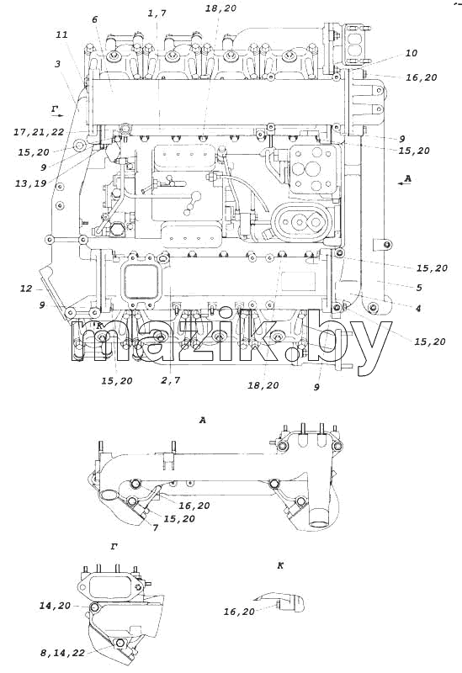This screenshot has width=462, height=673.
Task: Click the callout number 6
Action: coord(94,19)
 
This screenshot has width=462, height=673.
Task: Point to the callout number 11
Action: coord(61,34)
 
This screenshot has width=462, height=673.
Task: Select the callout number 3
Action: coord(57,64)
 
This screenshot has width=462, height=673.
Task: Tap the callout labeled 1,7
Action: coord(157,13)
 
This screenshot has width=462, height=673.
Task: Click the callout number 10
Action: coord(412,53)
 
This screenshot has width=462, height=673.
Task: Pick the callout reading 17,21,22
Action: coord(39,132)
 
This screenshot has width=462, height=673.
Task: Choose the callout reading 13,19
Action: coord(30,183)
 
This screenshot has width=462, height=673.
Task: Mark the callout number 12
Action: coord(26,289)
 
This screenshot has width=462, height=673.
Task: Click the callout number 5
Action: coord(418,287)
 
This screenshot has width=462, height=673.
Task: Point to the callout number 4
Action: coord(417,308)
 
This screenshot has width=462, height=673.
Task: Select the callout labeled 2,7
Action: coord(171,380)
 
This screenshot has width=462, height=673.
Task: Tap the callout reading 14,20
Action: coord(55,606)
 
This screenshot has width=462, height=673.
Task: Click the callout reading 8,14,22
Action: coord(62,653)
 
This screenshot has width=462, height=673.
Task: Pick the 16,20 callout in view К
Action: coord(239,612)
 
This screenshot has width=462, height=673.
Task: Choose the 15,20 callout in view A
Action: coord(179,518)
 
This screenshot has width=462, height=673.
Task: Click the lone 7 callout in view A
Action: coord(155,527)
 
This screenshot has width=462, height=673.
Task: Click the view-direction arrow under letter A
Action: coord(405,183)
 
